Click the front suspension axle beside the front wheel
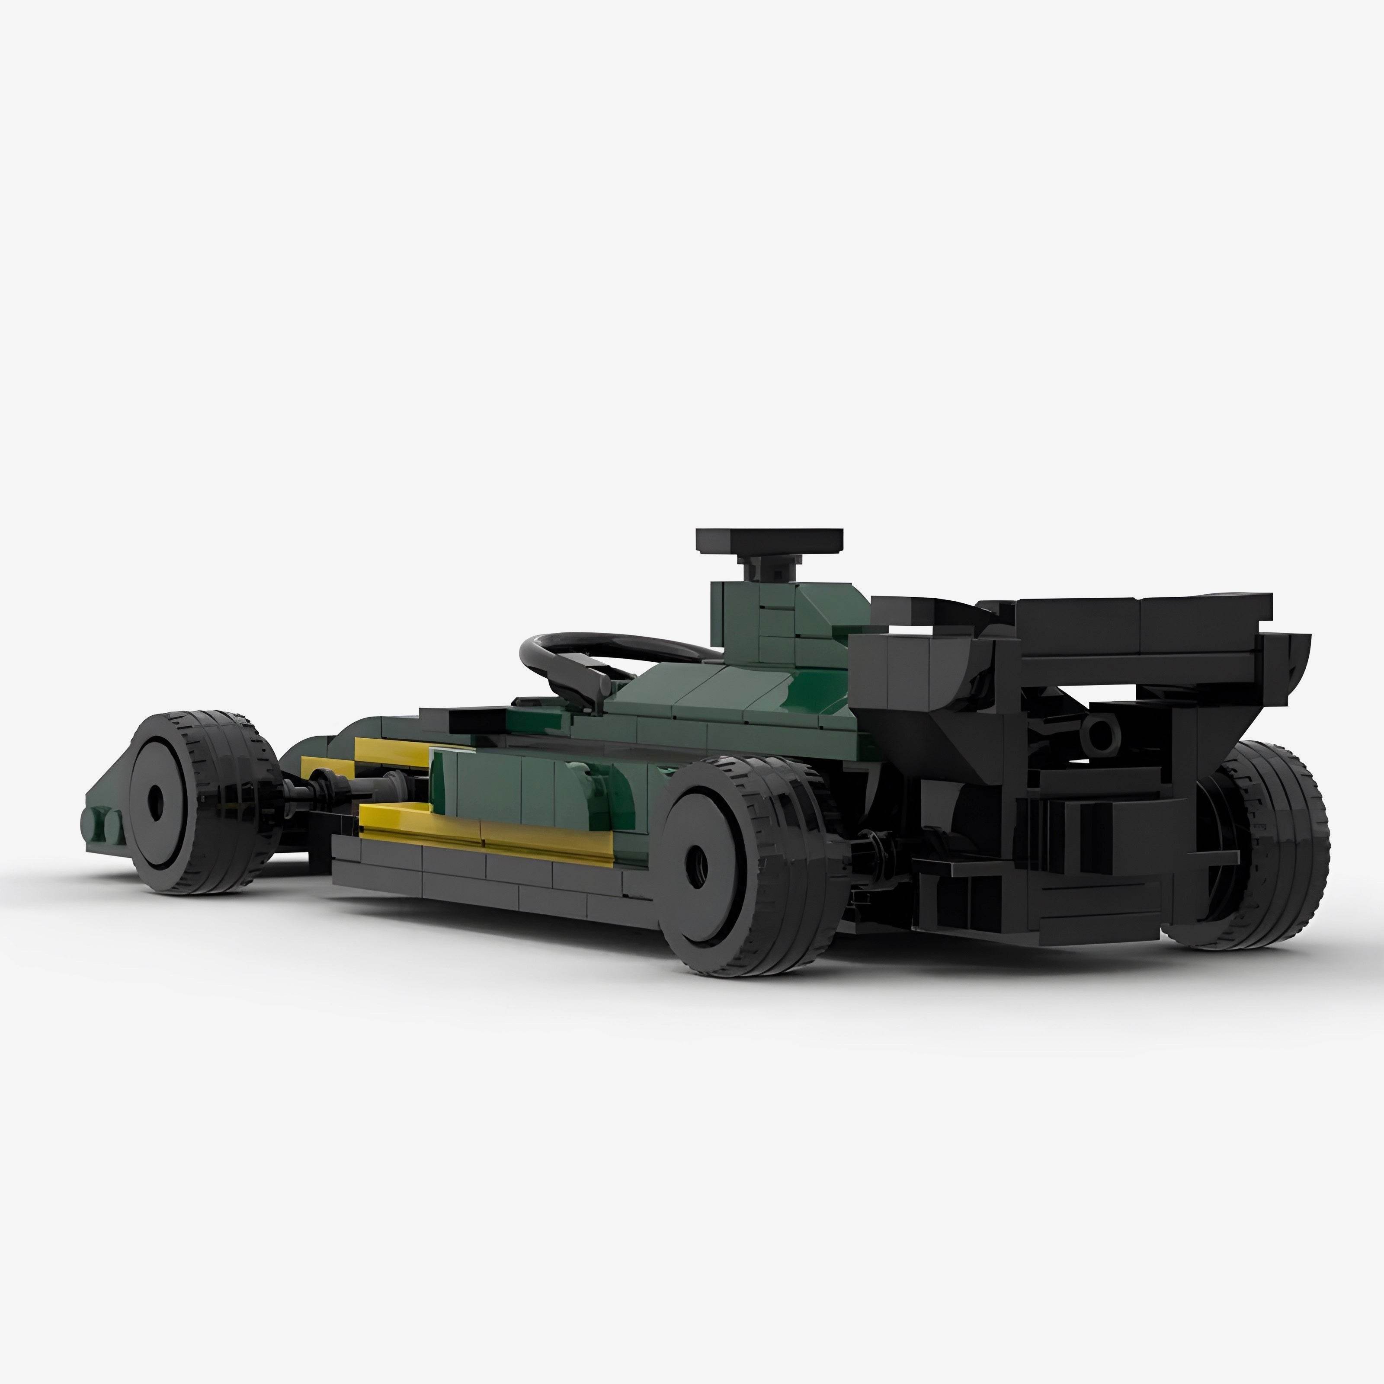pyautogui.click(x=315, y=789)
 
